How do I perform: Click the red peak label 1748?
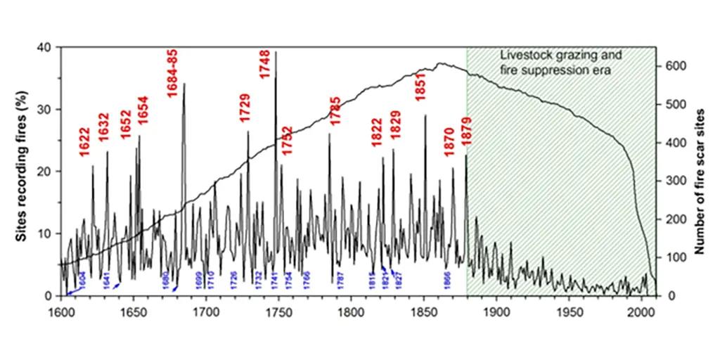(x=264, y=63)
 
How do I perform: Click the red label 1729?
(x=245, y=108)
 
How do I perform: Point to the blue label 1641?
(x=106, y=278)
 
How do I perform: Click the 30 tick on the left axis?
(x=49, y=110)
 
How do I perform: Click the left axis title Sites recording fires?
(x=22, y=171)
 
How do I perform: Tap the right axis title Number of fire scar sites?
(x=700, y=171)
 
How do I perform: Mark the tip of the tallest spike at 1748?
(x=276, y=51)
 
